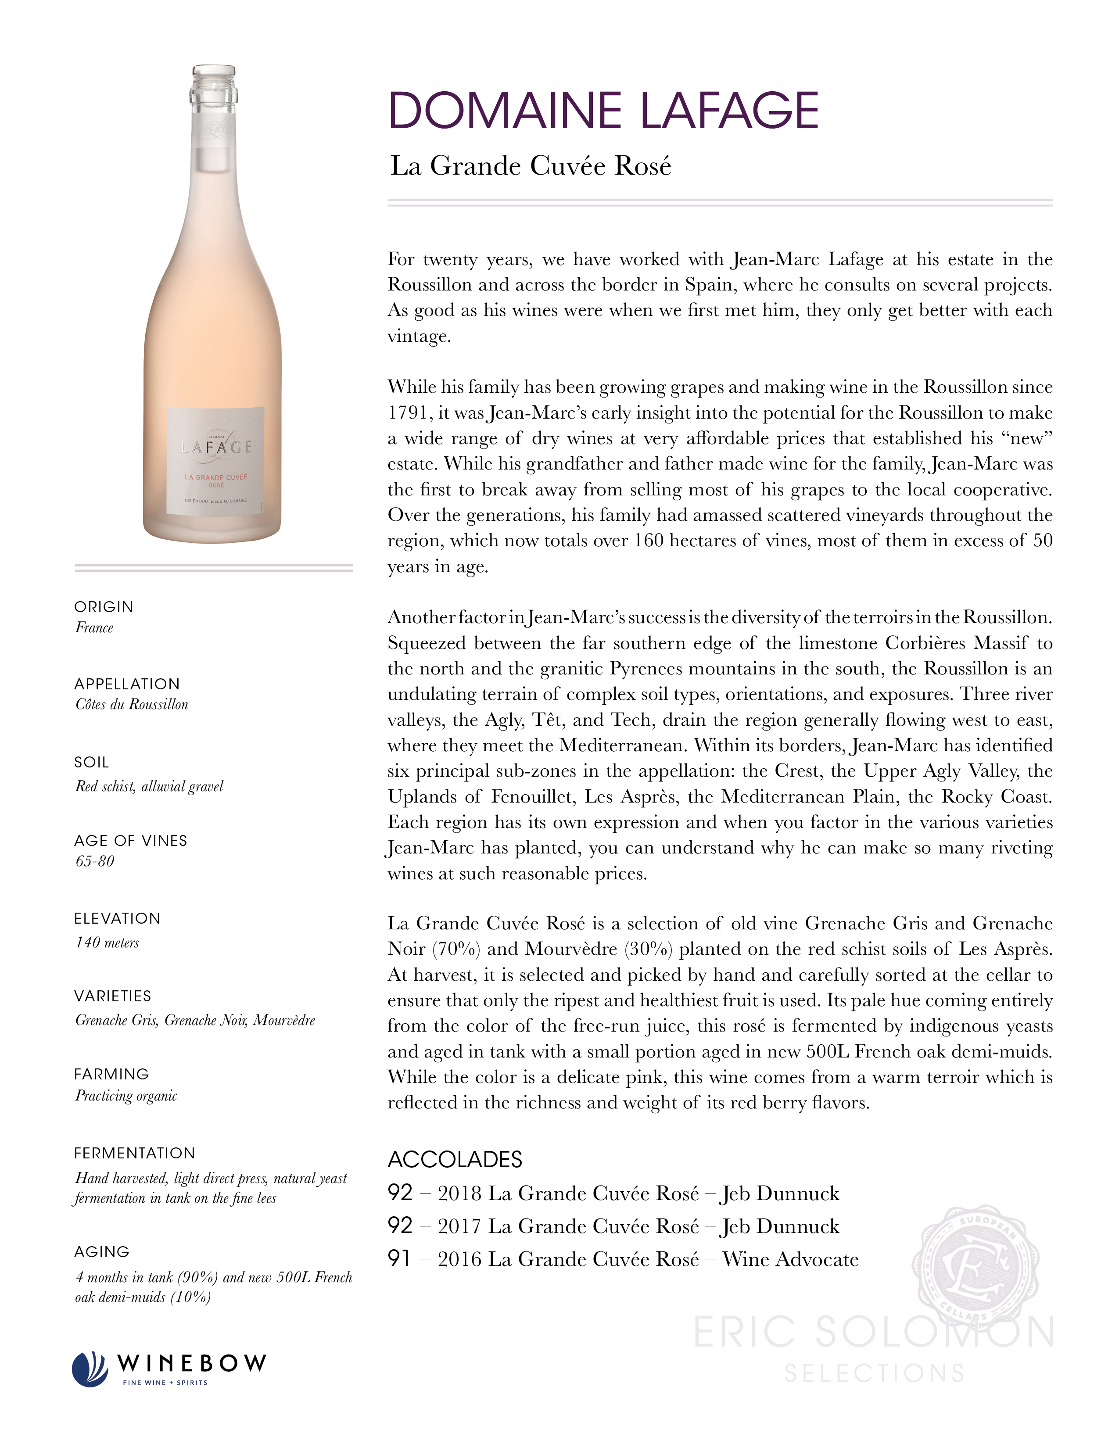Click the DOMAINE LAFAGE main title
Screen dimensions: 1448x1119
point(603,110)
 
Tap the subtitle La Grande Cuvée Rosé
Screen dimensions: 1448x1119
point(531,166)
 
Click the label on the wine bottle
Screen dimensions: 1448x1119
point(216,465)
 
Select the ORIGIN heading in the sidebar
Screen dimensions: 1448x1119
point(104,607)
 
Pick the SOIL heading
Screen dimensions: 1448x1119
point(91,763)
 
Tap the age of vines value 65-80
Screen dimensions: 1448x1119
point(95,861)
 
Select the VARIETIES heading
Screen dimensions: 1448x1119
point(113,996)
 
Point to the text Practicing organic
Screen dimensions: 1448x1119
point(126,1096)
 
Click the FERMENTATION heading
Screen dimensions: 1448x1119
point(135,1153)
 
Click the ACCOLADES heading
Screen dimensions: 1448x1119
point(455,1159)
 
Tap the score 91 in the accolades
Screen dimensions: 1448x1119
point(400,1258)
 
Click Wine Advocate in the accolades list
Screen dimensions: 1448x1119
point(790,1259)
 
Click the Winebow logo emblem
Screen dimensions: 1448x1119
point(90,1369)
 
